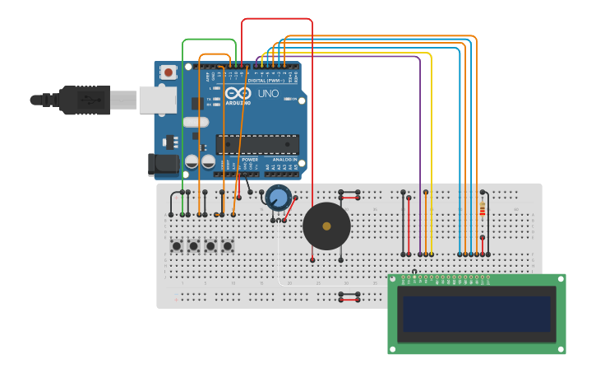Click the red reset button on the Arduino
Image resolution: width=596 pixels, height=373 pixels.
169,72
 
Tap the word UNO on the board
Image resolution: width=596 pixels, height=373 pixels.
268,94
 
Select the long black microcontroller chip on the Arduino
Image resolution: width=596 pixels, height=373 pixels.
256,144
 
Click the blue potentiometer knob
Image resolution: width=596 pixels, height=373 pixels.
278,198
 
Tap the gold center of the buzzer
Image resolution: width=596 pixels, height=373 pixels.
326,226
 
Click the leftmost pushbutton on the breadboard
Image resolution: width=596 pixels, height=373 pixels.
176,245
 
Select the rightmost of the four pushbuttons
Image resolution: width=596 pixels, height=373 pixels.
228,245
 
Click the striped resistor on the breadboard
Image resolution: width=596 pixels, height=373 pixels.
482,210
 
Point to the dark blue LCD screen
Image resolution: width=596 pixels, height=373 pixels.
476,314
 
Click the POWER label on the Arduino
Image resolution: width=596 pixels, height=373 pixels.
250,160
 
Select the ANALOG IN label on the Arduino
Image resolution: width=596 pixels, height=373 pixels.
284,160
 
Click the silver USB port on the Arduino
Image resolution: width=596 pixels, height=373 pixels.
158,100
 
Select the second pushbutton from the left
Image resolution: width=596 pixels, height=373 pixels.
193,245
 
